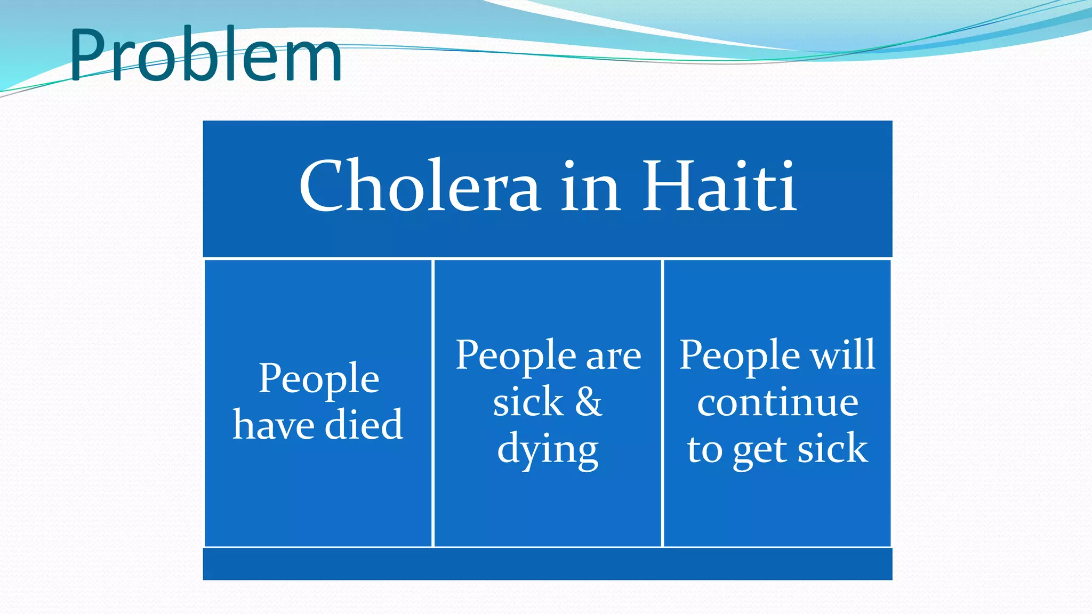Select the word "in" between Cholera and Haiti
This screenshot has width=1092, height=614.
click(x=590, y=187)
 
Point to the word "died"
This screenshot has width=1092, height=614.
click(x=364, y=425)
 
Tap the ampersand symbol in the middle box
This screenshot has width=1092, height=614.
click(x=589, y=402)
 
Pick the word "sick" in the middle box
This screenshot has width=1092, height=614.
click(x=528, y=402)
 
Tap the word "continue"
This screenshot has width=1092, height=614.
click(x=777, y=402)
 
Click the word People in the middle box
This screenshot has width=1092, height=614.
click(x=516, y=356)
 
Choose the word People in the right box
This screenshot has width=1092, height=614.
click(x=740, y=356)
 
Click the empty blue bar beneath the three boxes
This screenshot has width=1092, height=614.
click(x=548, y=564)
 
